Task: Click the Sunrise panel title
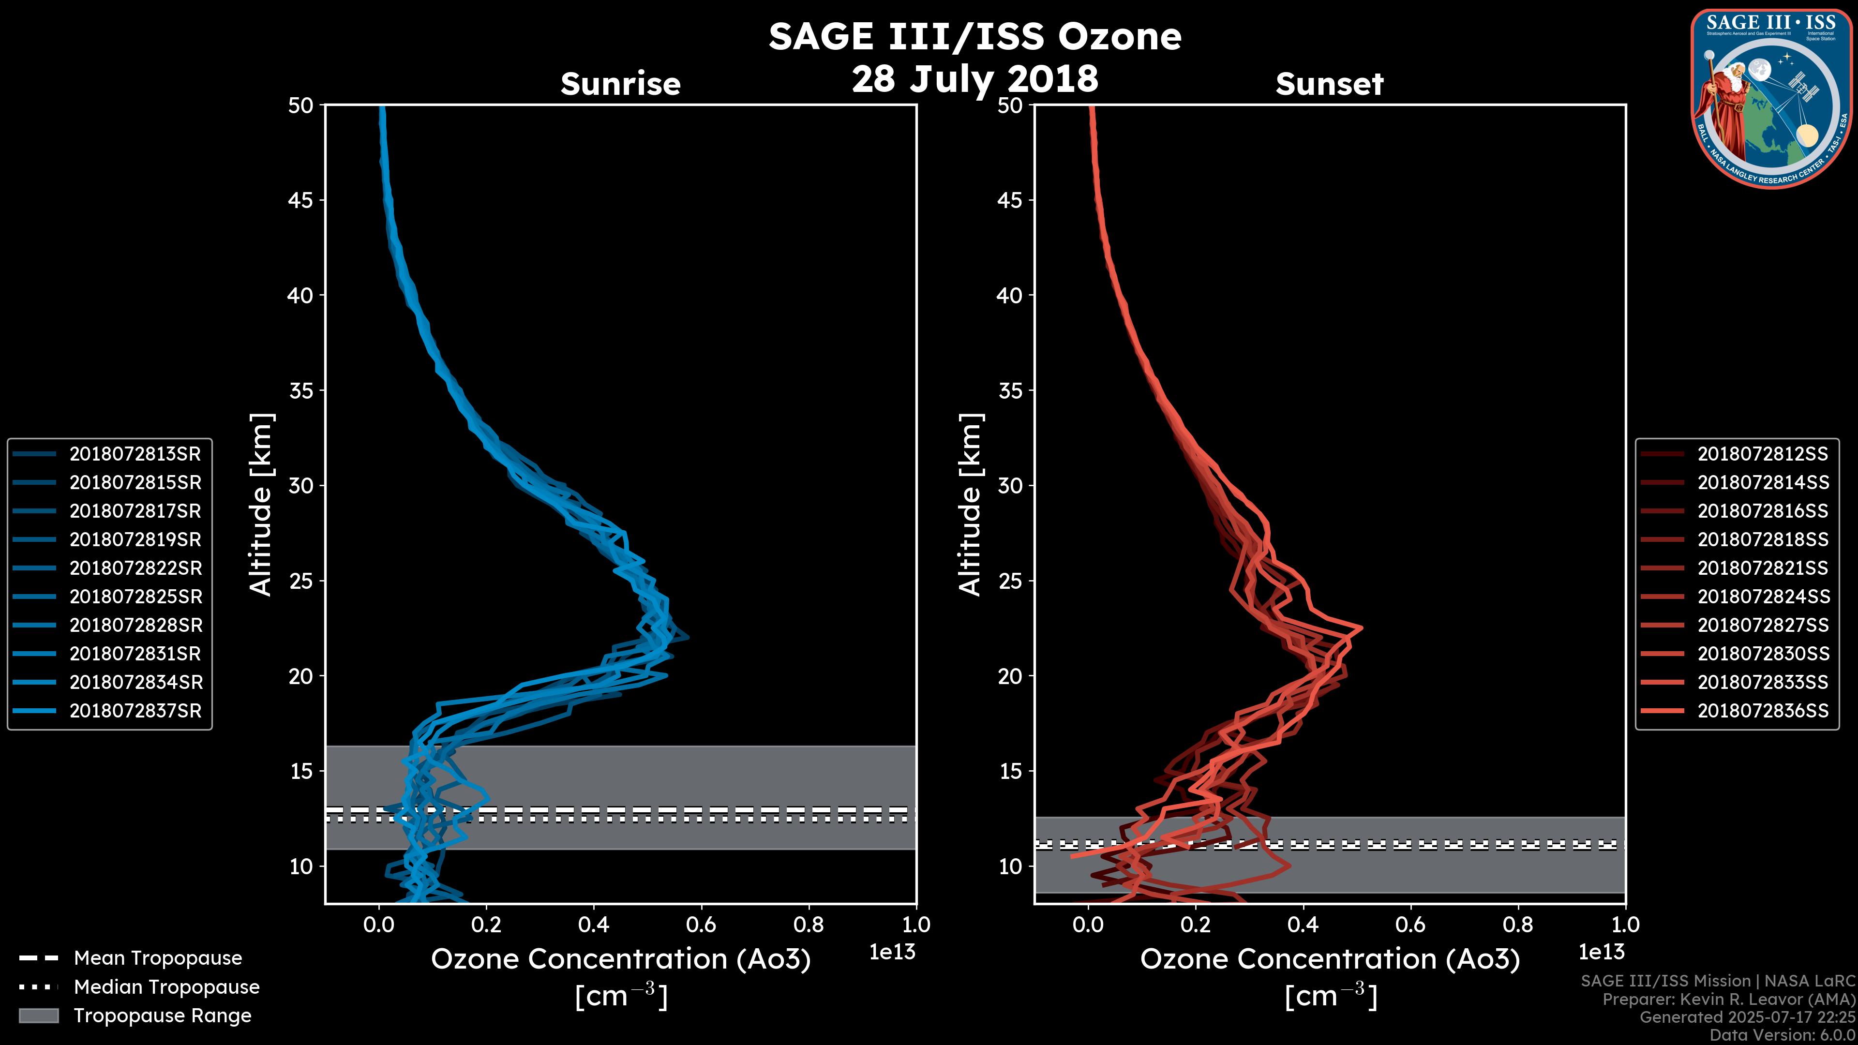(620, 84)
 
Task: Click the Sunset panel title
(1329, 84)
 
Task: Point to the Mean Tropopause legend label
(158, 958)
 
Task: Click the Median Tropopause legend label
(166, 986)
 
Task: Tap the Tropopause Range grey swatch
(38, 1015)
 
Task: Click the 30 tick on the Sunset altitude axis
(1010, 485)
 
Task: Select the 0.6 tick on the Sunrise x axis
(701, 924)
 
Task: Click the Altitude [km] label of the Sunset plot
(970, 505)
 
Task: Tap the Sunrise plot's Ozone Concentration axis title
(620, 959)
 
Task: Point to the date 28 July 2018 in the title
(974, 78)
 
